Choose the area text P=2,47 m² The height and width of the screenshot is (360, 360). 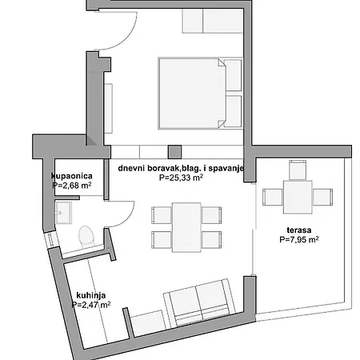click(90, 304)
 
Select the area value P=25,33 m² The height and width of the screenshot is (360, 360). click(181, 179)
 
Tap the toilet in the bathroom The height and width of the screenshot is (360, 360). click(87, 235)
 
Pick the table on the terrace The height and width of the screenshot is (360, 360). click(298, 195)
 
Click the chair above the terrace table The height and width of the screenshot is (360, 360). click(298, 169)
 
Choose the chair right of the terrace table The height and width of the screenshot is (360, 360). click(322, 195)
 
